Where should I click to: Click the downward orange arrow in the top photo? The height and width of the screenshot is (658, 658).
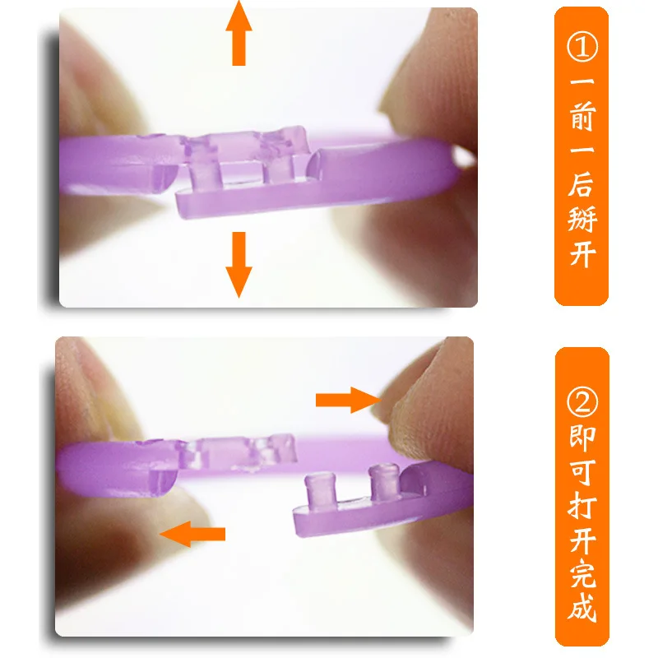tap(239, 263)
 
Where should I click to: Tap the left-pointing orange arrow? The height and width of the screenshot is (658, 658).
tap(193, 534)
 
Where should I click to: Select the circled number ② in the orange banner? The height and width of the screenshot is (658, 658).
tap(582, 401)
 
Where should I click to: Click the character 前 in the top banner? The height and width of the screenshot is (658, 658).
tap(582, 123)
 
